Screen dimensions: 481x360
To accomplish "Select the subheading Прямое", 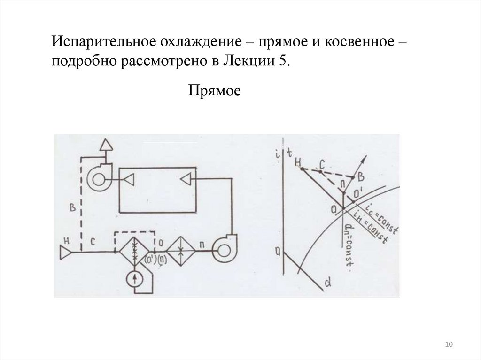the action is [215, 90].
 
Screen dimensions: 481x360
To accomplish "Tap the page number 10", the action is [449, 345].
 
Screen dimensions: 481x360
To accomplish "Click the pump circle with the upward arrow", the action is [135, 279].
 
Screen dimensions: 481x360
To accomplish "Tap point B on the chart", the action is [360, 177].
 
